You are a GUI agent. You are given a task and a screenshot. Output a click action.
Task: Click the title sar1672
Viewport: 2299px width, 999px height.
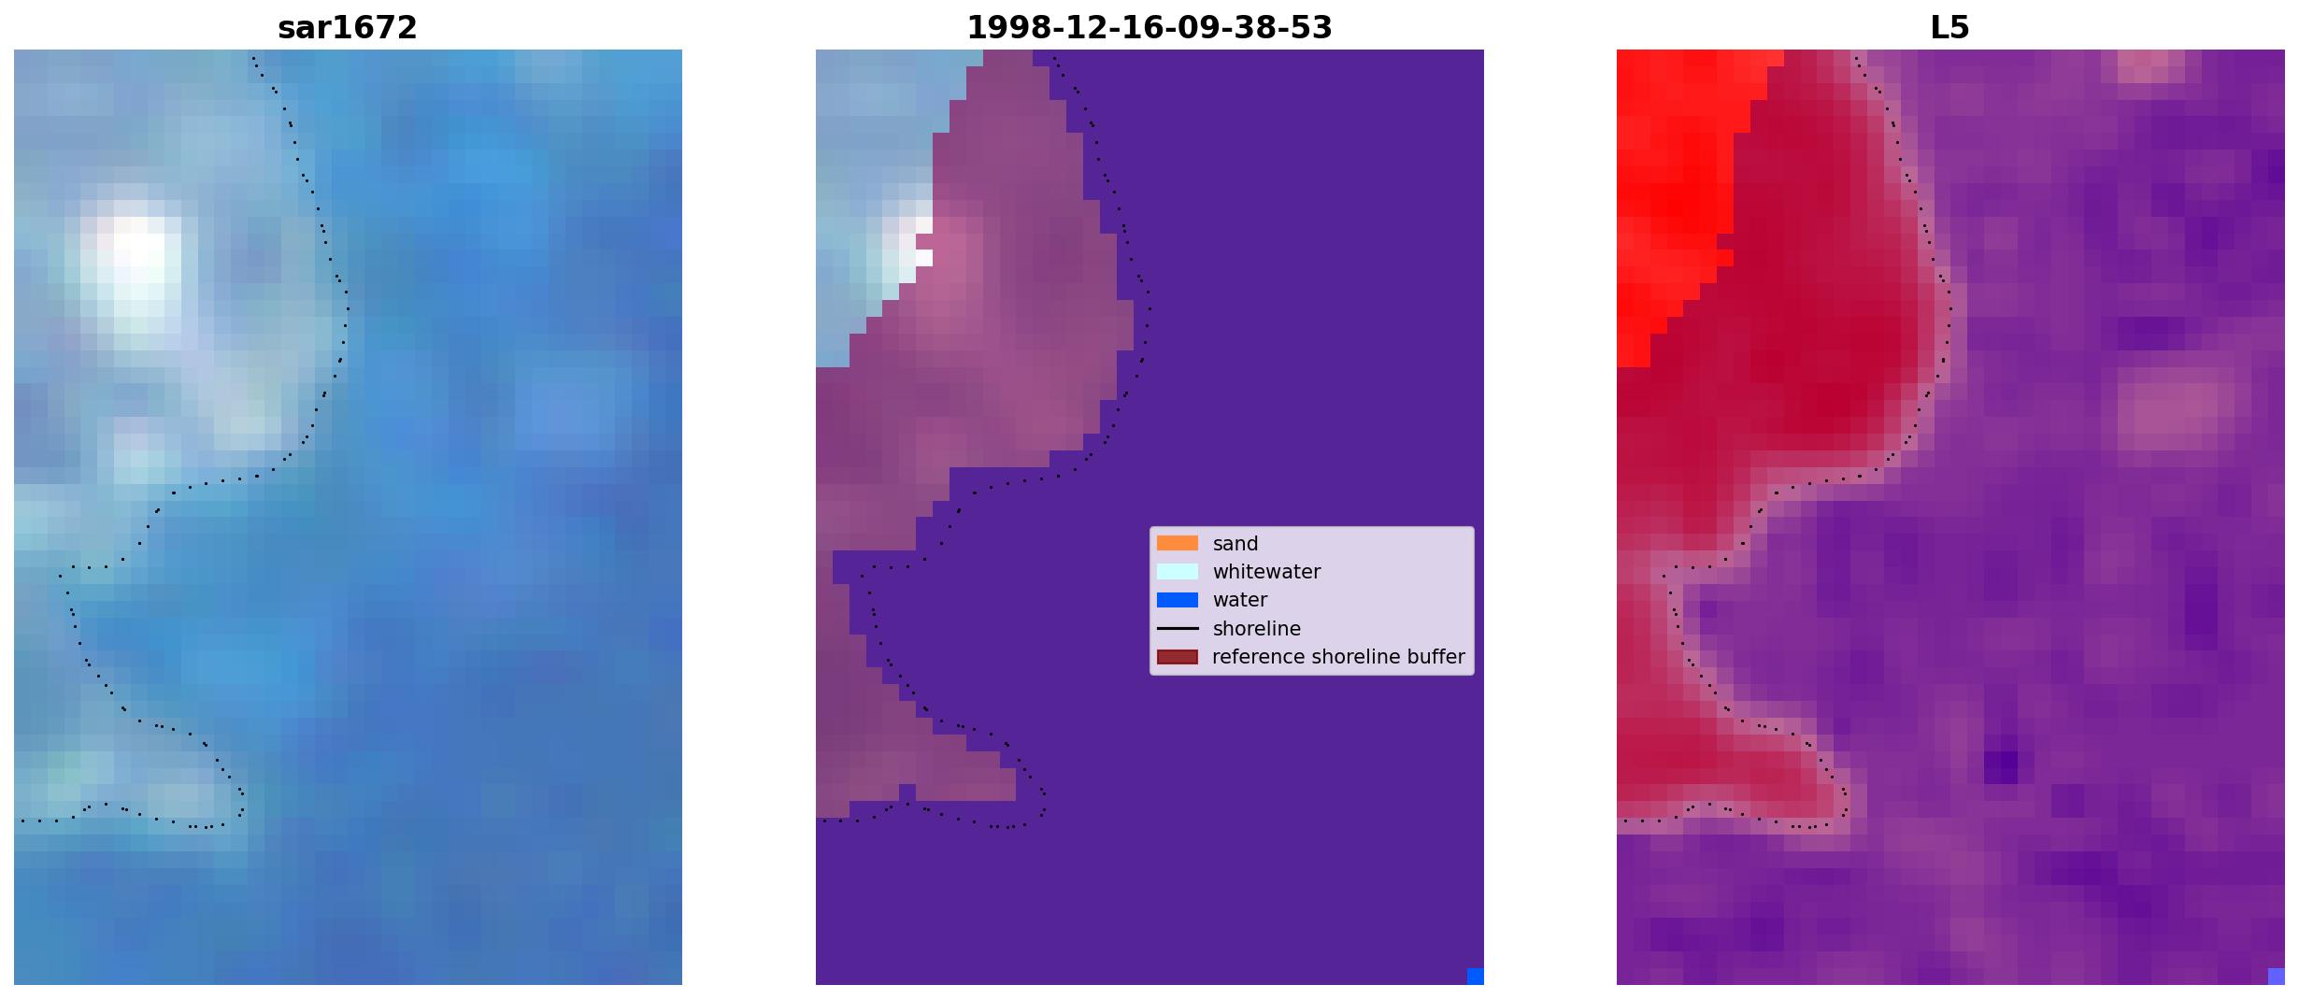click(x=347, y=28)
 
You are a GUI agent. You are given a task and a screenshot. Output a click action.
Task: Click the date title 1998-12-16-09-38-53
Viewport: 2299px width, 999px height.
click(x=1149, y=28)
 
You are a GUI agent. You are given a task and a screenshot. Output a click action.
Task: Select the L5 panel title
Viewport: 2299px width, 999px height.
click(x=1949, y=28)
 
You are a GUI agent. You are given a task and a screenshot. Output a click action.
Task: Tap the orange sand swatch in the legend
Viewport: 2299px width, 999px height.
click(x=1177, y=543)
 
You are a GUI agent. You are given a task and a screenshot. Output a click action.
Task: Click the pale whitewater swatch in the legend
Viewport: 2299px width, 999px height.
click(x=1177, y=571)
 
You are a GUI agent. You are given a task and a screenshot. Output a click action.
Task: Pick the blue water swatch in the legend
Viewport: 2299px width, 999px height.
click(x=1177, y=600)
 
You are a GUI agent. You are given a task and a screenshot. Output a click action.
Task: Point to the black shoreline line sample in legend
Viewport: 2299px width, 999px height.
click(x=1177, y=628)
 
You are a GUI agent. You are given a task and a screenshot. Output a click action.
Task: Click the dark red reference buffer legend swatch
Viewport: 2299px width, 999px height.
click(x=1177, y=657)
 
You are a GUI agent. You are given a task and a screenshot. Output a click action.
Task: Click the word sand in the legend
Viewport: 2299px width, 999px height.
click(x=1235, y=544)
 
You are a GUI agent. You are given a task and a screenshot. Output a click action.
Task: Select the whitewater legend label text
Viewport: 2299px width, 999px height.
click(x=1266, y=572)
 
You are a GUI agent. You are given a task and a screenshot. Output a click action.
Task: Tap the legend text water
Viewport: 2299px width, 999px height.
click(x=1240, y=600)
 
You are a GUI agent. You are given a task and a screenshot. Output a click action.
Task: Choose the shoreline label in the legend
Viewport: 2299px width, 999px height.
click(x=1256, y=629)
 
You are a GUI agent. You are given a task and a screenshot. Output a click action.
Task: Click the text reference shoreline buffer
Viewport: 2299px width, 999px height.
click(x=1338, y=657)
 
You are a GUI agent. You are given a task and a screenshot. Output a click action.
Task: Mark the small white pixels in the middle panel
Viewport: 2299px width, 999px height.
click(x=920, y=243)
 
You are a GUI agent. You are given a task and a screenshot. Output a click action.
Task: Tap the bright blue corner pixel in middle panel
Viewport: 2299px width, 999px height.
click(x=1476, y=977)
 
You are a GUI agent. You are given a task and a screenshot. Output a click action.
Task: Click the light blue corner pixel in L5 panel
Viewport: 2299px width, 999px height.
click(x=2277, y=977)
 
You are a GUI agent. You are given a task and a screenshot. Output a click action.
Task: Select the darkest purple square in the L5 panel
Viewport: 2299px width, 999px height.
click(x=2000, y=767)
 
